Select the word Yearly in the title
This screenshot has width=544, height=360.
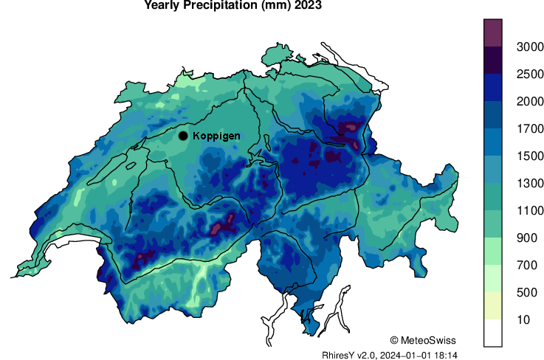[x=166, y=6]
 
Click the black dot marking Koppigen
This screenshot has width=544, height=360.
[x=183, y=136]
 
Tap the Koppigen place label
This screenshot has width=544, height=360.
[x=216, y=136]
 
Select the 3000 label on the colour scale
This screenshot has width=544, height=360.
[x=520, y=46]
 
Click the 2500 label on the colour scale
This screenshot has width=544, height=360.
[x=520, y=74]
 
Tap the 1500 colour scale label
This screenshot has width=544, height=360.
[x=520, y=156]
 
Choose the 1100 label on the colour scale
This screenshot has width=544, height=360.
[x=520, y=210]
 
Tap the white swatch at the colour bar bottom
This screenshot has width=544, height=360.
[x=493, y=333]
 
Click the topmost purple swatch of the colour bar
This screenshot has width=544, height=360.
[x=493, y=32]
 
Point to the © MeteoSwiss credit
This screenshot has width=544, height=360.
[x=423, y=340]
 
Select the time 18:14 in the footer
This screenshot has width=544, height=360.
[x=446, y=355]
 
